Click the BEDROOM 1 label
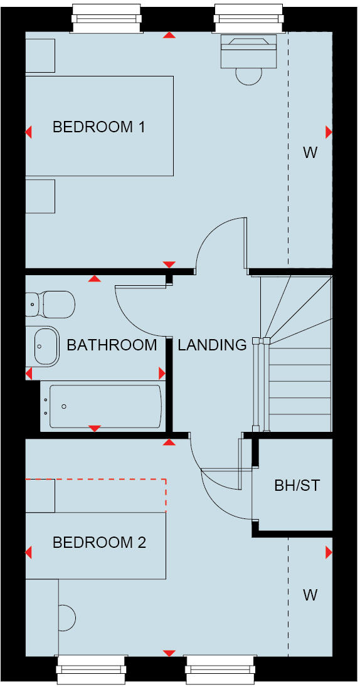tap(99, 127)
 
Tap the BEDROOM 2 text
tap(99, 542)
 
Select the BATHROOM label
tap(112, 345)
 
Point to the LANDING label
tap(212, 345)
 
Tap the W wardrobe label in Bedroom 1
tap(310, 152)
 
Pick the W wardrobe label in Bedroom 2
tap(310, 595)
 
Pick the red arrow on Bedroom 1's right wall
tap(328, 132)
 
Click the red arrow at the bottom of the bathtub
tap(95, 428)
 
